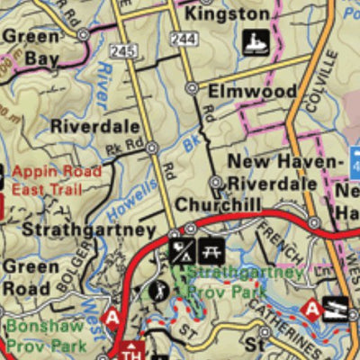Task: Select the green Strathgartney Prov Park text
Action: tap(247, 282)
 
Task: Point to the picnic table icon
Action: tap(214, 250)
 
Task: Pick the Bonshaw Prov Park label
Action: tap(45, 335)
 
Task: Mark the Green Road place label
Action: tap(31, 278)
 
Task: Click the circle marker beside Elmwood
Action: tap(192, 88)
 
